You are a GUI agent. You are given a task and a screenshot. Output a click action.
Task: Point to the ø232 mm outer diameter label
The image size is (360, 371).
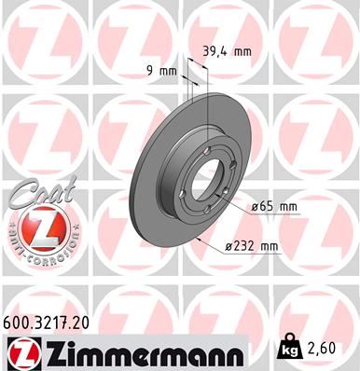click(254, 246)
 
